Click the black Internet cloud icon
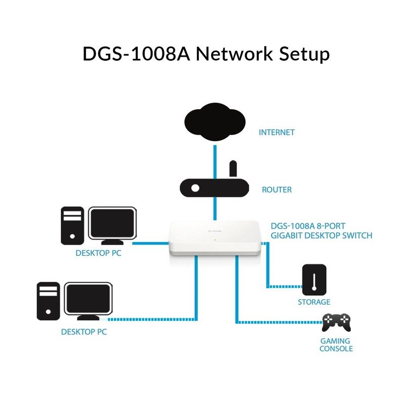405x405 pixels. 215,123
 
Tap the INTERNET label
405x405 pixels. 276,133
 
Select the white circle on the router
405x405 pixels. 195,189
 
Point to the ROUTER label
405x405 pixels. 276,190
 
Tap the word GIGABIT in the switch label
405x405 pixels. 287,235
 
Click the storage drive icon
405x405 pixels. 314,279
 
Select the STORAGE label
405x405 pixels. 314,302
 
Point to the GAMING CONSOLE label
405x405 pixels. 336,345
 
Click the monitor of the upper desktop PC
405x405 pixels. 112,223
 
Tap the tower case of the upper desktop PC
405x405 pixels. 72,225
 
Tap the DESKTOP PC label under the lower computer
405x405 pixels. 84,332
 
